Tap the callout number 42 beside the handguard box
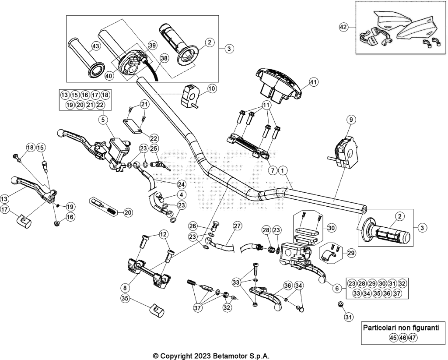(x=343, y=27)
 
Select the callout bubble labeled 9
(x=351, y=120)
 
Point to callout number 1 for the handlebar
(x=283, y=171)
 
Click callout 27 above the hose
(x=237, y=226)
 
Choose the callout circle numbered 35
(x=125, y=299)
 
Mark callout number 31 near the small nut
(x=348, y=317)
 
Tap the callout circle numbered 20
(x=128, y=212)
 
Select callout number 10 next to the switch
(x=211, y=88)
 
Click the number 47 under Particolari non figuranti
(x=412, y=338)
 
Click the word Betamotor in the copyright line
(x=227, y=356)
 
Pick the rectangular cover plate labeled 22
(x=133, y=126)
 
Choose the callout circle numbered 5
(x=103, y=120)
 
